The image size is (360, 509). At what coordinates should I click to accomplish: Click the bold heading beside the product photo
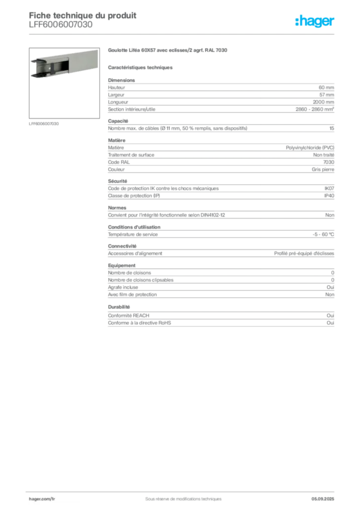pyautogui.click(x=169, y=50)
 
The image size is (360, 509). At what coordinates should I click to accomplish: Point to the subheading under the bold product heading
pyautogui.click(x=141, y=67)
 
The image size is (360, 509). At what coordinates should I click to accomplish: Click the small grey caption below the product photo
pyautogui.click(x=44, y=123)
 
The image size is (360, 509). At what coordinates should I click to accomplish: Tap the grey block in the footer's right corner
pyautogui.click(x=326, y=497)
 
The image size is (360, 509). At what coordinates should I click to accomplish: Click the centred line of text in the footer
pyautogui.click(x=180, y=496)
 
